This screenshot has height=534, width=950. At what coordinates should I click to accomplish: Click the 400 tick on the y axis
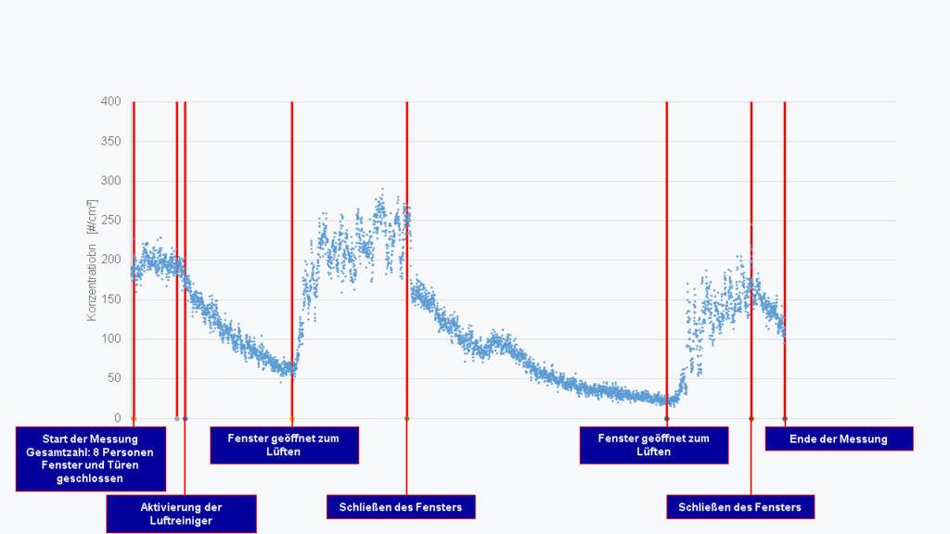110,101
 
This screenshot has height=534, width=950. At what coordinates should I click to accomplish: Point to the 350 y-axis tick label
110,141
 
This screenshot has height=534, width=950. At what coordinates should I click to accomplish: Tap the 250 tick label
110,220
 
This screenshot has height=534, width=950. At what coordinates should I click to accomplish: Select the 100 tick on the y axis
110,338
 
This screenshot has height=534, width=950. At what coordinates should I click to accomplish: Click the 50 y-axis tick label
113,378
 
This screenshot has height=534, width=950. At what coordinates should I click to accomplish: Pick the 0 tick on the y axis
117,418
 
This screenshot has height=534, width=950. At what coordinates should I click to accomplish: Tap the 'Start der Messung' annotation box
91,459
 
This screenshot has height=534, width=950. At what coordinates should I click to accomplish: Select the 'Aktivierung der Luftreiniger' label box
181,514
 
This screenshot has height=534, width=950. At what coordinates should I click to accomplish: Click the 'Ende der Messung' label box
839,439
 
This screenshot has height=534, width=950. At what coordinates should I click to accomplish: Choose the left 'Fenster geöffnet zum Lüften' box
284,445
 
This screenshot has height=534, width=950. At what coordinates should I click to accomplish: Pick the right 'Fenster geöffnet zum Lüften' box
654,445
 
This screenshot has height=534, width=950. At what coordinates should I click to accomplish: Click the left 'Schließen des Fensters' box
401,506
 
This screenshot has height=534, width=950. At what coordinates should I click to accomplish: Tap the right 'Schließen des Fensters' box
740,506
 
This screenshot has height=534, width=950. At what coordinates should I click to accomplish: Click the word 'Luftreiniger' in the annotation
181,521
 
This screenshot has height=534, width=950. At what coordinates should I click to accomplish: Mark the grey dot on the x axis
176,418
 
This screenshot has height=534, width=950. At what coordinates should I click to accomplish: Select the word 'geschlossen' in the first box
91,479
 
